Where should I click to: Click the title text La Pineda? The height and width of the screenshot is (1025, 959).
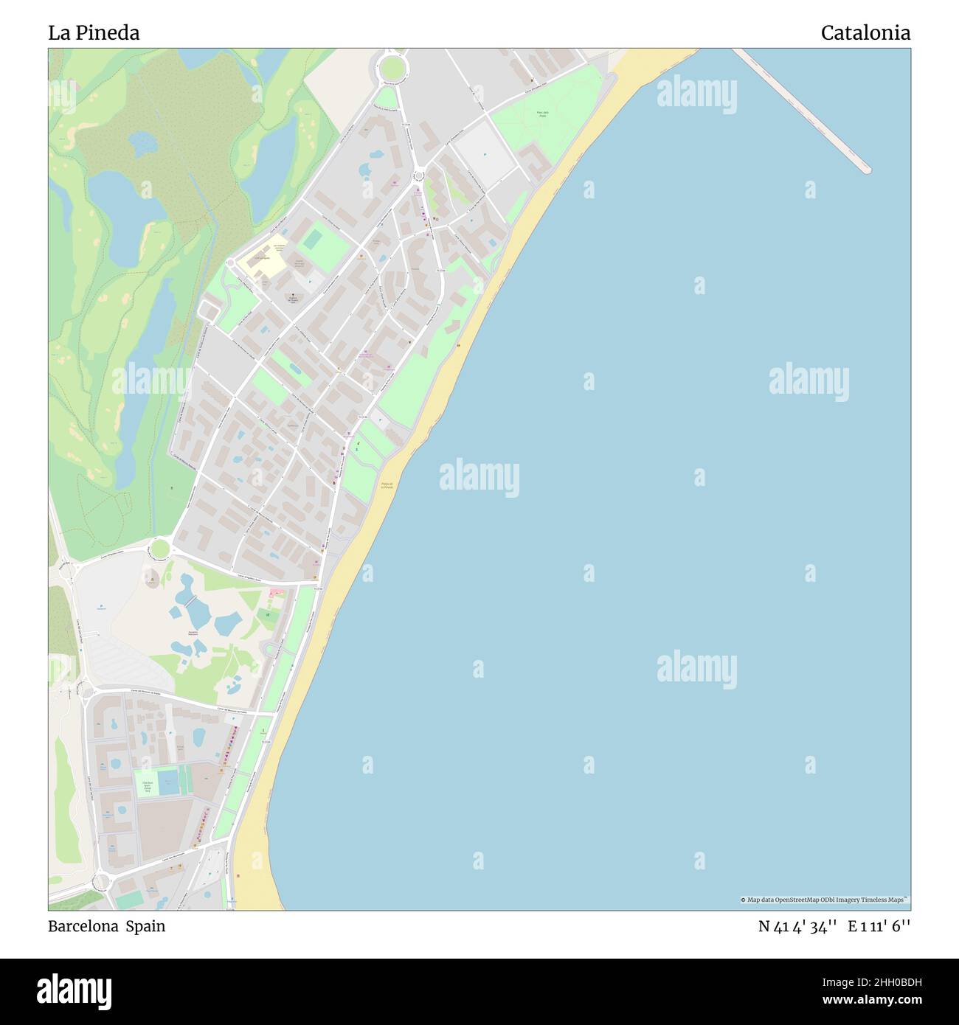(x=94, y=33)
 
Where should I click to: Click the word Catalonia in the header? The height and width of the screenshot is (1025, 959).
(x=865, y=33)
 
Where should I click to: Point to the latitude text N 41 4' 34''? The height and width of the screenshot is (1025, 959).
(x=797, y=926)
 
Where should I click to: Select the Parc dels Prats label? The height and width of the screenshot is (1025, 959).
(x=542, y=114)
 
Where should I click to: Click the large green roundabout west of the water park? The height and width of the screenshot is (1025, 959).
(x=159, y=549)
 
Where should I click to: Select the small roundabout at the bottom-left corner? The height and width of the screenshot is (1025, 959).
(x=101, y=880)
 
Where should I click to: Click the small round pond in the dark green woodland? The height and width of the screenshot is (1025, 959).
(x=142, y=144)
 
